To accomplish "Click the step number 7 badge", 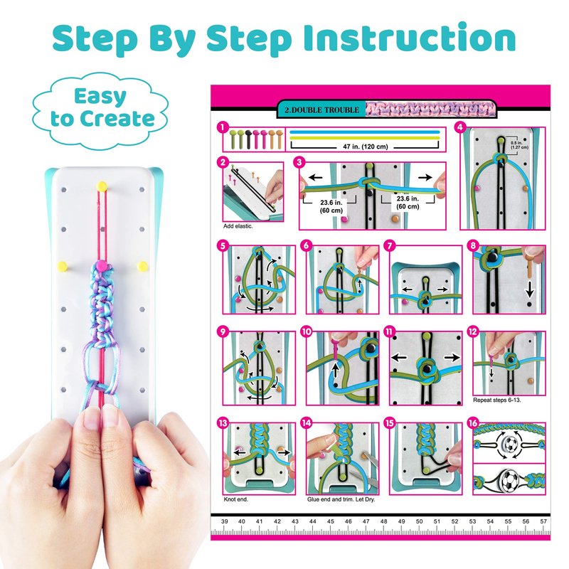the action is (390, 245).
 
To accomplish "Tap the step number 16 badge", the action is (473, 422).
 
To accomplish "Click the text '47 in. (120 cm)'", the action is (366, 147).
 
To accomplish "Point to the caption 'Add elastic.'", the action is (238, 226).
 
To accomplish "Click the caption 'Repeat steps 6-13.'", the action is (496, 400).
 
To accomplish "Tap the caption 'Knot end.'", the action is (236, 499).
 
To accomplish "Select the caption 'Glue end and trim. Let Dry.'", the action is (341, 499).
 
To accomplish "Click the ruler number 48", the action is (383, 521).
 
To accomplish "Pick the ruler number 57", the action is (543, 521).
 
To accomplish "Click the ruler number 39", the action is (225, 521).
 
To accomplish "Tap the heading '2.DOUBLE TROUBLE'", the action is (322, 110).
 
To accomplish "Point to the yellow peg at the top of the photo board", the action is (102, 186).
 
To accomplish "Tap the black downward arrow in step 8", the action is (530, 289).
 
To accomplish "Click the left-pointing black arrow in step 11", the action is (399, 358).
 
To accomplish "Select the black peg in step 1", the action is (248, 139).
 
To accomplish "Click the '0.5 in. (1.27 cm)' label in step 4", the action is (519, 145).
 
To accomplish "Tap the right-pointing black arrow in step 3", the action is (425, 177).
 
